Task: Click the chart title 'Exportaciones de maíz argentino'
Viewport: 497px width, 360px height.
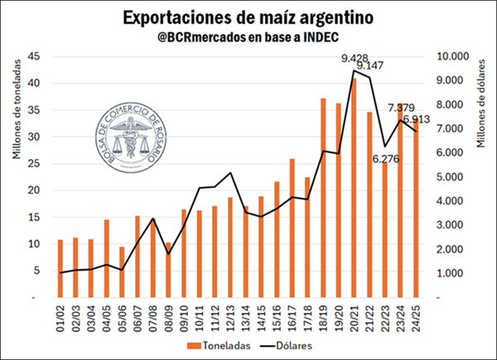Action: (248, 17)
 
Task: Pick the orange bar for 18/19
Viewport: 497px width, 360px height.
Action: (323, 198)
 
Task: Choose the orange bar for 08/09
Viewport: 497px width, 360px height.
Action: (169, 270)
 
